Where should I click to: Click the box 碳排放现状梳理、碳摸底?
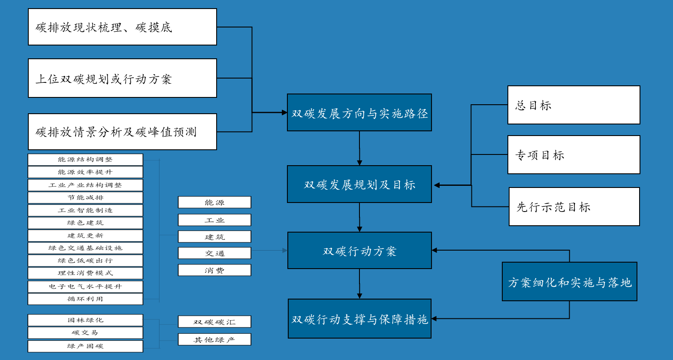pyautogui.click(x=122, y=27)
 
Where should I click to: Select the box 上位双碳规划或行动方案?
pyautogui.click(x=122, y=78)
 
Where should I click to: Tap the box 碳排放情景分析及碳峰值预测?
pyautogui.click(x=122, y=132)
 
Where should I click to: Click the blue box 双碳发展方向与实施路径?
pyautogui.click(x=359, y=112)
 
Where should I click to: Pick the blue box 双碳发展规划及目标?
pyautogui.click(x=359, y=184)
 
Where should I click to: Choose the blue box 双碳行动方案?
pyautogui.click(x=359, y=251)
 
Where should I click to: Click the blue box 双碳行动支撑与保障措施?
pyautogui.click(x=359, y=319)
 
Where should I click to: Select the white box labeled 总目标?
pyautogui.click(x=573, y=105)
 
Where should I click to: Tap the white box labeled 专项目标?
pyautogui.click(x=573, y=155)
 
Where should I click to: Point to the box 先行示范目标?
pyautogui.click(x=574, y=207)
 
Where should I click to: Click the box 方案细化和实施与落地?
pyautogui.click(x=569, y=282)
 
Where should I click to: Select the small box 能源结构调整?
pyautogui.click(x=85, y=160)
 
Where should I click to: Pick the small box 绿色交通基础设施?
pyautogui.click(x=85, y=248)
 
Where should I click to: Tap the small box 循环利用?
pyautogui.click(x=85, y=299)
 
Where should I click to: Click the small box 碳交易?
pyautogui.click(x=85, y=333)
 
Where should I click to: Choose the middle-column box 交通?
pyautogui.click(x=214, y=253)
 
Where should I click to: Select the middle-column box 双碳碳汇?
pyautogui.click(x=214, y=322)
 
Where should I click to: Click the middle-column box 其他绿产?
pyautogui.click(x=214, y=339)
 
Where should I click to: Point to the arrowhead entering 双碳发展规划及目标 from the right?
pyautogui.click(x=437, y=185)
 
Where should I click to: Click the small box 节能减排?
pyautogui.click(x=85, y=198)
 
